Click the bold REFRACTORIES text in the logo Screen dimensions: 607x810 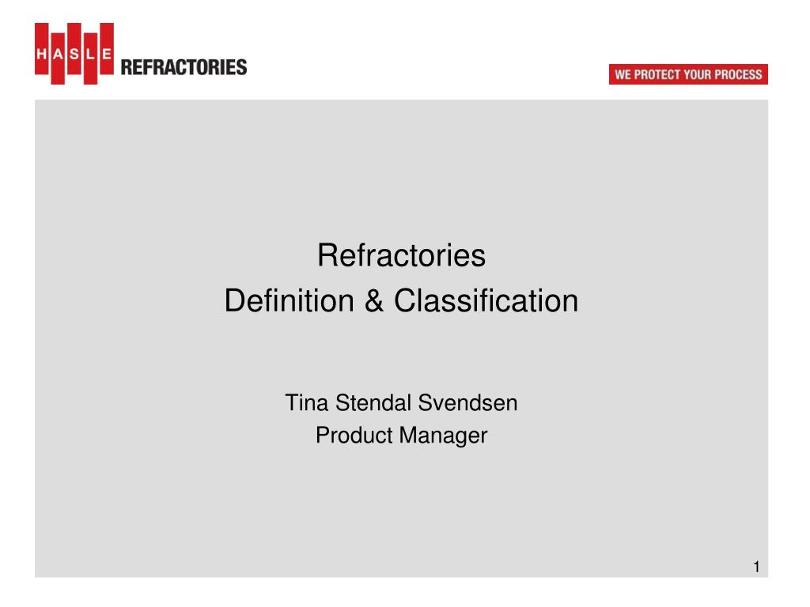pyautogui.click(x=184, y=67)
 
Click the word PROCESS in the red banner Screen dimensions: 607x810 pyautogui.click(x=737, y=75)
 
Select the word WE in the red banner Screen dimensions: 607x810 pyautogui.click(x=623, y=75)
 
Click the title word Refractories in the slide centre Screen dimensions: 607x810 pyautogui.click(x=401, y=256)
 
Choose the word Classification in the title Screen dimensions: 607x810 pyautogui.click(x=486, y=301)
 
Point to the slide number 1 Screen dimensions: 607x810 pyautogui.click(x=756, y=567)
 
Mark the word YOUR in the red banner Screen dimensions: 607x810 pyautogui.click(x=698, y=75)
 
